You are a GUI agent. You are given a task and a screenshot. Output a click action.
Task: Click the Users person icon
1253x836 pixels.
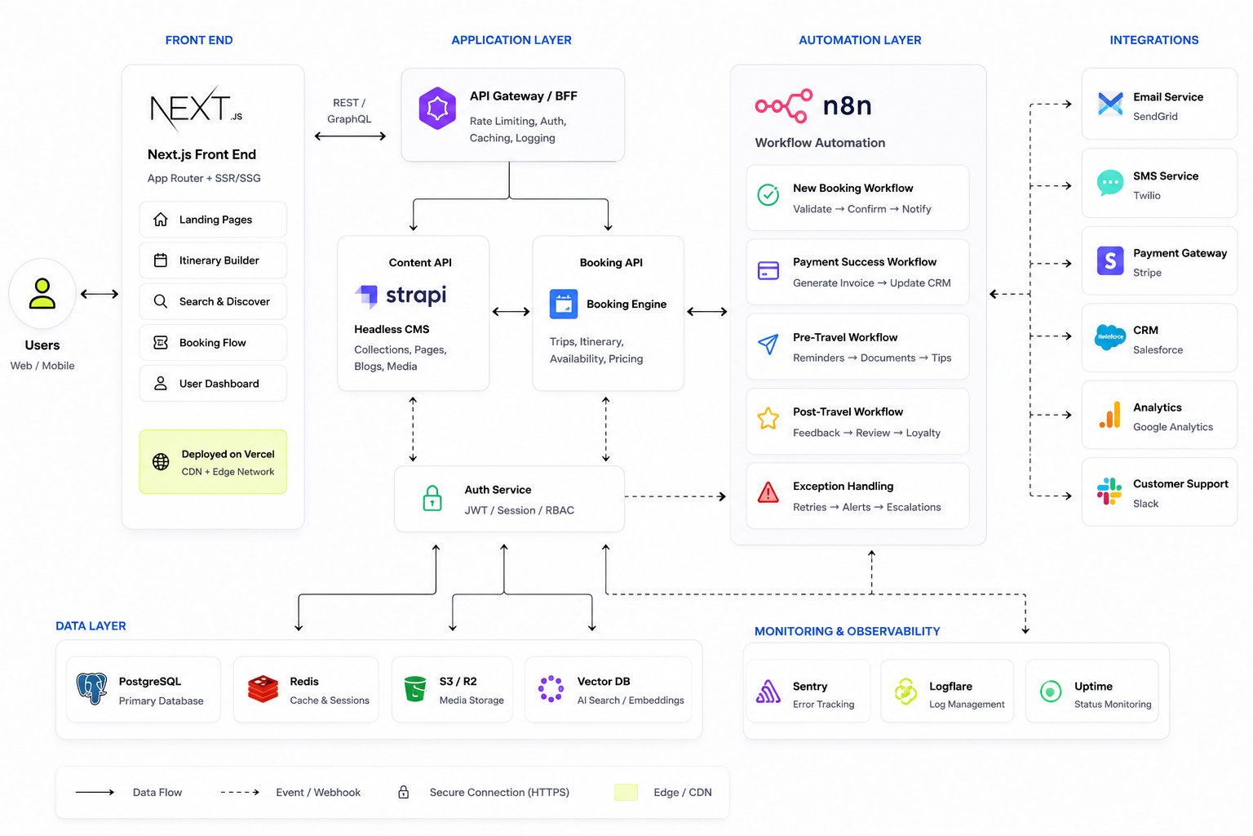click(42, 293)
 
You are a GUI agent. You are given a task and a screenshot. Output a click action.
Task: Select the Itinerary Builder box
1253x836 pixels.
click(213, 260)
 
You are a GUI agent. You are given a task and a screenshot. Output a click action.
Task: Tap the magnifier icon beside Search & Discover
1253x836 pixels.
click(161, 301)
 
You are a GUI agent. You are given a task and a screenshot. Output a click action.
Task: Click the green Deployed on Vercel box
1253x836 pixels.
click(213, 462)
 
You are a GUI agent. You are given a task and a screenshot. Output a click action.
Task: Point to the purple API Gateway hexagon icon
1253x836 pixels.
click(437, 108)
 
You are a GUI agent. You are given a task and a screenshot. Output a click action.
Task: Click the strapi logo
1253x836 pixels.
click(401, 295)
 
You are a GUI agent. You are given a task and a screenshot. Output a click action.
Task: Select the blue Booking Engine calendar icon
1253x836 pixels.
click(564, 304)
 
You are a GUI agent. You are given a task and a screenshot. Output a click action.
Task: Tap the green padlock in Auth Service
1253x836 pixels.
click(432, 498)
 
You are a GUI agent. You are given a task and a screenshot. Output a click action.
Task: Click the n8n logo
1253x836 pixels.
click(812, 106)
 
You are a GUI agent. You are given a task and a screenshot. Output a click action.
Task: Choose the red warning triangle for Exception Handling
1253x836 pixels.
click(768, 493)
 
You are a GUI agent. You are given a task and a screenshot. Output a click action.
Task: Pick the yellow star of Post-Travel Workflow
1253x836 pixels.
click(768, 418)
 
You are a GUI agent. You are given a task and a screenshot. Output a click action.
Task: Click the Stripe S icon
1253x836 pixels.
click(1110, 260)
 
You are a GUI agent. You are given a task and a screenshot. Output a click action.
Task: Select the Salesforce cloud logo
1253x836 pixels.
click(1110, 337)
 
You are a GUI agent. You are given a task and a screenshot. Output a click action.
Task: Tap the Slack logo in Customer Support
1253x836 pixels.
click(1109, 491)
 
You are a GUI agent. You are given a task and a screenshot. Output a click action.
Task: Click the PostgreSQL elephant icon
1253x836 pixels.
click(91, 688)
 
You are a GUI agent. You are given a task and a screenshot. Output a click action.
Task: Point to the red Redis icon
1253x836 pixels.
click(263, 689)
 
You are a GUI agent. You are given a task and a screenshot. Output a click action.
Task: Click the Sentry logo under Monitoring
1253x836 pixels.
click(768, 691)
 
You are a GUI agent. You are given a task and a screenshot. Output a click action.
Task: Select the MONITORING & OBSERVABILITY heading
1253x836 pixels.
click(847, 631)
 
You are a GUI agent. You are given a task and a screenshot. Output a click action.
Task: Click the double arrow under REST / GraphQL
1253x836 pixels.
click(350, 136)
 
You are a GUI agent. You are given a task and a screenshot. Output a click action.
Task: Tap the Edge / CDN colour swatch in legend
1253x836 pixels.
click(626, 793)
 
